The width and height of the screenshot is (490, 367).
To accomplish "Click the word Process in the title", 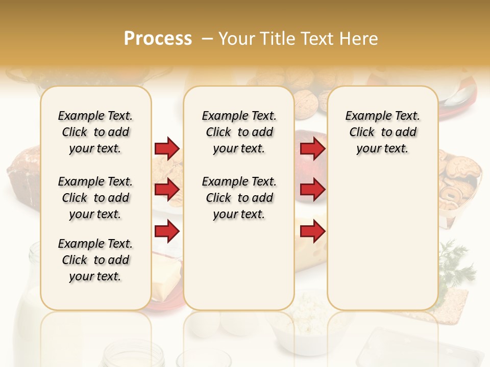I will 158,39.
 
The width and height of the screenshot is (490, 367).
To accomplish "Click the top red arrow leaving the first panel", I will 167,148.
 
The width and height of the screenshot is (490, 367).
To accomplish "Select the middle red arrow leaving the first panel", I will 167,190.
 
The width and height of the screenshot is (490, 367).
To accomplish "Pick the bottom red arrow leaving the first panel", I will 167,231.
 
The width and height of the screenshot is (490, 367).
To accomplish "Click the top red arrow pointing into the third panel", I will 312,148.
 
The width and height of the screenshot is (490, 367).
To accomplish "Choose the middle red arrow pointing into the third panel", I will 312,190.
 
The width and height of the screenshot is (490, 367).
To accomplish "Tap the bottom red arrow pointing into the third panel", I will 312,231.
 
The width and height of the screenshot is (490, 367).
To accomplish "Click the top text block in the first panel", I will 95,132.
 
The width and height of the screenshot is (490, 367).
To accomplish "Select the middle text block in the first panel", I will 95,198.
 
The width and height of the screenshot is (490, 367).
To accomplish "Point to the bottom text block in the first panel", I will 95,260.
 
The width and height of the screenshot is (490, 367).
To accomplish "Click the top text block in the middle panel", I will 239,132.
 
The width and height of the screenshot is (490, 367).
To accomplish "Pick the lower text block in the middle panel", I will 239,198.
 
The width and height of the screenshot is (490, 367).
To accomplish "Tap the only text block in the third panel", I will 382,132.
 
